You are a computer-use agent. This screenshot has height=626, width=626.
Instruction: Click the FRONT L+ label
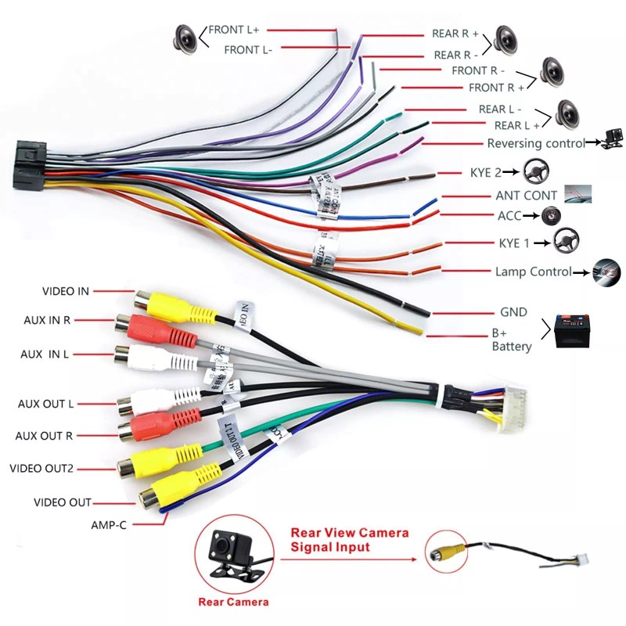233,30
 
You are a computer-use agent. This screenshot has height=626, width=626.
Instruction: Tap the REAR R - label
457,55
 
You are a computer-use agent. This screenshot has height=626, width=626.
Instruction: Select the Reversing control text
536,143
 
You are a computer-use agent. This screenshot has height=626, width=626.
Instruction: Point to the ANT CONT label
527,196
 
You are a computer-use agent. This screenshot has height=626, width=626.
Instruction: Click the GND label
513,312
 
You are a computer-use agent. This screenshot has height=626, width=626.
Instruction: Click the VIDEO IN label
66,291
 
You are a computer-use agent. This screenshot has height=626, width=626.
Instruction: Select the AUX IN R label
45,320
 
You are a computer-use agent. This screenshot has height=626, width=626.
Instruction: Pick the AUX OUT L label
45,405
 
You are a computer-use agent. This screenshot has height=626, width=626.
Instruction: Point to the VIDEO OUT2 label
41,468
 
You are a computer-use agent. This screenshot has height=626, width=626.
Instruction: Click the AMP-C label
108,525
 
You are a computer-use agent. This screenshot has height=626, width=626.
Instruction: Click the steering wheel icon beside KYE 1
566,242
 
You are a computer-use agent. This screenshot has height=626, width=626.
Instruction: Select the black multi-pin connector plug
30,164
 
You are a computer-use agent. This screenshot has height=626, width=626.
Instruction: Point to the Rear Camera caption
233,602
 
